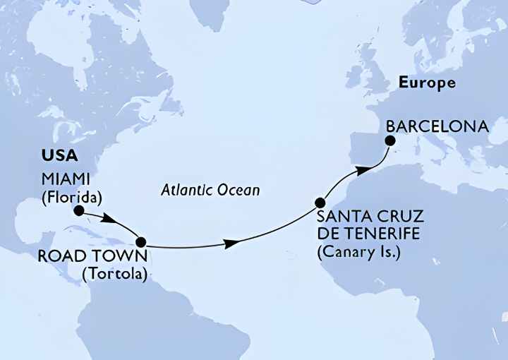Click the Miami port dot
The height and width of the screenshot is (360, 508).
point(79,210)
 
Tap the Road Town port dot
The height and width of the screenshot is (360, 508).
point(141,241)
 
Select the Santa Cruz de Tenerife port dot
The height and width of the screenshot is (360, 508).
point(320,202)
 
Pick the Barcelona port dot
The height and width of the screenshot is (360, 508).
point(389,141)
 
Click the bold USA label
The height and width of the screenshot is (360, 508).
point(61,155)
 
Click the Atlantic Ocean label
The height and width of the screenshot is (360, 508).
point(210,190)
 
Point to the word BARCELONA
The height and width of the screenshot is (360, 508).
point(437,126)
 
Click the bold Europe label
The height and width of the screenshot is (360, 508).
point(427,83)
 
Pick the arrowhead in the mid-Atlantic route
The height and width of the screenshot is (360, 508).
point(231,244)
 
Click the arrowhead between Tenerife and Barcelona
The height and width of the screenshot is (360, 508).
point(361,170)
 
